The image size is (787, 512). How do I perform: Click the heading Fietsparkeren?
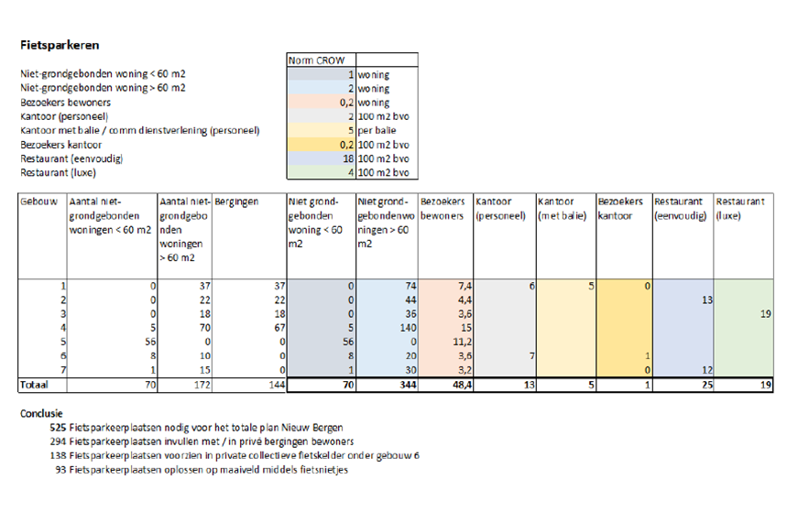pyautogui.click(x=60, y=43)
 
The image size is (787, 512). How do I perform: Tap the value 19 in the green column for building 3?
pyautogui.click(x=764, y=313)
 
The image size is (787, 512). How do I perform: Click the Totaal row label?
pyautogui.click(x=37, y=385)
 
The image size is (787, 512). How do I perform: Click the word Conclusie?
pyautogui.click(x=42, y=414)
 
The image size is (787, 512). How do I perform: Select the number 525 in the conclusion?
pyautogui.click(x=59, y=428)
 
